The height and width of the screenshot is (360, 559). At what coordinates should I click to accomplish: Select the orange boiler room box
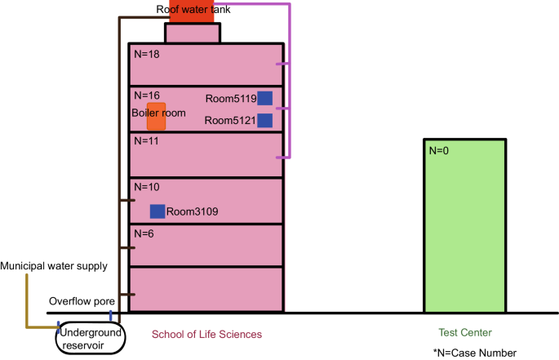(156, 117)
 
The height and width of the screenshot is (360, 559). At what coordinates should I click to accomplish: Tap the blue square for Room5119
(264, 98)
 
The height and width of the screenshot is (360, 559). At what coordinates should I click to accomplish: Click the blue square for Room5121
(264, 121)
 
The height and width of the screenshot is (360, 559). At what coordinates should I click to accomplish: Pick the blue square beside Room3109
(157, 211)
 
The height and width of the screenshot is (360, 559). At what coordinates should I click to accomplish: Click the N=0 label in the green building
(441, 150)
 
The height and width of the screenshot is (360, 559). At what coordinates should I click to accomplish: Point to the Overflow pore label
(82, 300)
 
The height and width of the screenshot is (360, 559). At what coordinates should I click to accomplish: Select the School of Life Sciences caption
(206, 334)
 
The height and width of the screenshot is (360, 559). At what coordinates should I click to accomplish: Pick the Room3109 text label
(193, 212)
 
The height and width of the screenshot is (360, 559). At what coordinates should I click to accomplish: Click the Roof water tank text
(194, 9)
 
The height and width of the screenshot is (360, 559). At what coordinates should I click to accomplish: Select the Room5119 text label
(230, 99)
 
